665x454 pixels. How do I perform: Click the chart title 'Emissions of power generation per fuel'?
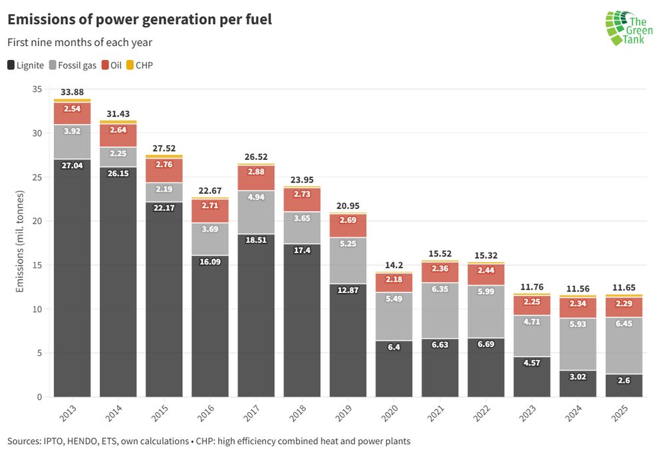click(140, 20)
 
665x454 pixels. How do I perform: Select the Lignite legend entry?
click(26, 65)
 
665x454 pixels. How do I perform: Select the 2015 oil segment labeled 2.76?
click(164, 170)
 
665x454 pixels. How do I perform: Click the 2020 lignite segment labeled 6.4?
click(394, 369)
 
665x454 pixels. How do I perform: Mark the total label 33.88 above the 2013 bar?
click(72, 92)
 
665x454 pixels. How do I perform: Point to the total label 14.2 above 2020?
click(394, 264)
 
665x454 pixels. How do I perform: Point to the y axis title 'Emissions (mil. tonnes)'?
click(20, 243)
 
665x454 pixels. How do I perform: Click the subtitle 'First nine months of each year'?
click(80, 43)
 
